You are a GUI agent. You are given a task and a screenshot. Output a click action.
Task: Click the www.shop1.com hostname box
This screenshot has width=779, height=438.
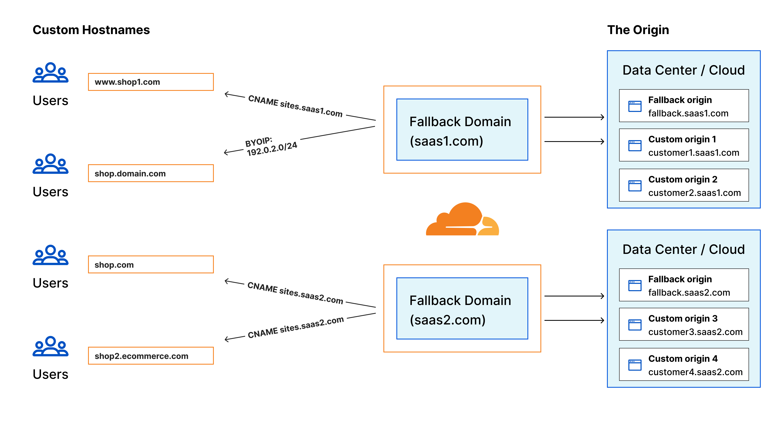click(x=151, y=82)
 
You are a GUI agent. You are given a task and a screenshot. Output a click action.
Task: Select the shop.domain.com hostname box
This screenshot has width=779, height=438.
click(x=151, y=173)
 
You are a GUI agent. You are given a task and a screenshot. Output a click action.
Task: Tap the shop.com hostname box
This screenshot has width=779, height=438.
click(x=151, y=264)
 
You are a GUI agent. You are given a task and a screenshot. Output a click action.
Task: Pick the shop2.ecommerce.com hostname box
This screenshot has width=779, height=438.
click(x=151, y=356)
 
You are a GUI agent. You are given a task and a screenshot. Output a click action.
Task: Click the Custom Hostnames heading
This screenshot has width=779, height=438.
click(x=91, y=30)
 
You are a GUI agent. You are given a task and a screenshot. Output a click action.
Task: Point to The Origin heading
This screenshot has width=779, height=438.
click(x=638, y=30)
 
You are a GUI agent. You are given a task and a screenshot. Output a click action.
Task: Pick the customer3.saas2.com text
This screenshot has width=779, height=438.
click(x=695, y=332)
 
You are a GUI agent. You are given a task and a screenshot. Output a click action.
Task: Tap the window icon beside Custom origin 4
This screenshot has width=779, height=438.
click(x=635, y=365)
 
